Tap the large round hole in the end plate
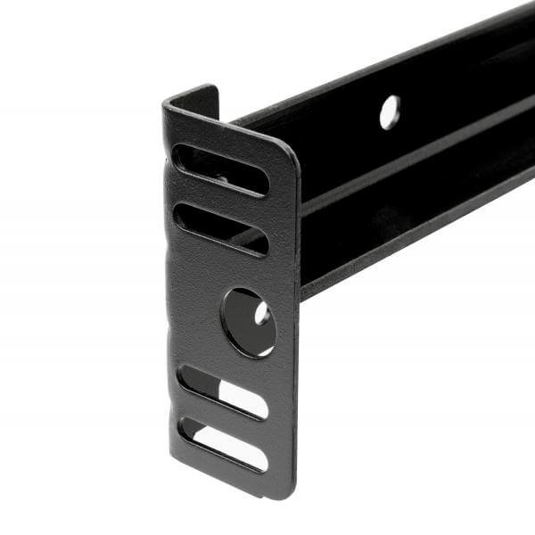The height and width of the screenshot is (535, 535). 247,322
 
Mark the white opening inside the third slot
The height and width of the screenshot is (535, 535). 241,398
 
